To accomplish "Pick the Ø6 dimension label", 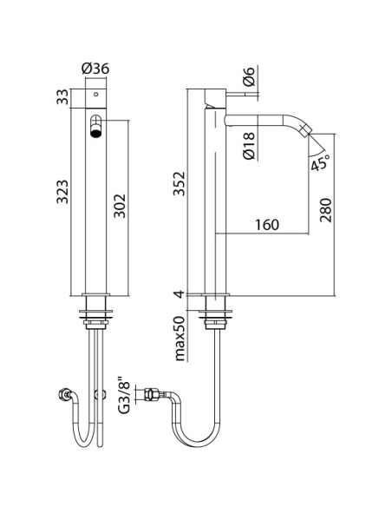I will click(249, 77).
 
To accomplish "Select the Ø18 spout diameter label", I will click(249, 145).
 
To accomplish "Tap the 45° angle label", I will click(320, 163).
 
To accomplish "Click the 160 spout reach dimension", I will click(267, 225).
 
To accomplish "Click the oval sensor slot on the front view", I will click(96, 123).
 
